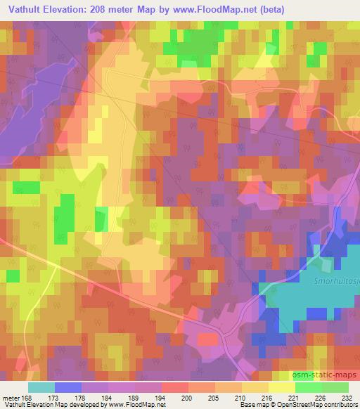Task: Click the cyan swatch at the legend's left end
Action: tap(41, 387)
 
